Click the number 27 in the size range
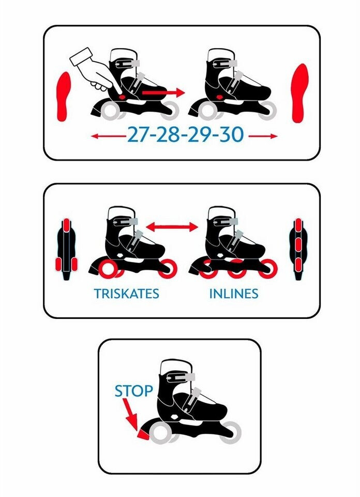[x=139, y=135]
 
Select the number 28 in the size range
[x=169, y=135]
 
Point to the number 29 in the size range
[x=200, y=135]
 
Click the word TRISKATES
[x=126, y=294]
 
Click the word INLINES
[x=234, y=294]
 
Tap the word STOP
[x=133, y=391]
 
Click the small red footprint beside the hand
[x=64, y=96]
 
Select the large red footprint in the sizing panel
[x=300, y=93]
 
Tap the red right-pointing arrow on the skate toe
[x=163, y=93]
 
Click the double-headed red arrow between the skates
[x=172, y=227]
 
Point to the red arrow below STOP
[x=130, y=415]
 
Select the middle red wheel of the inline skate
[x=236, y=269]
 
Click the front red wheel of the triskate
[x=167, y=269]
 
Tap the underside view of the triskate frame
[x=66, y=249]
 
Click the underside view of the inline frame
[x=298, y=249]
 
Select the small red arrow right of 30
[x=263, y=136]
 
